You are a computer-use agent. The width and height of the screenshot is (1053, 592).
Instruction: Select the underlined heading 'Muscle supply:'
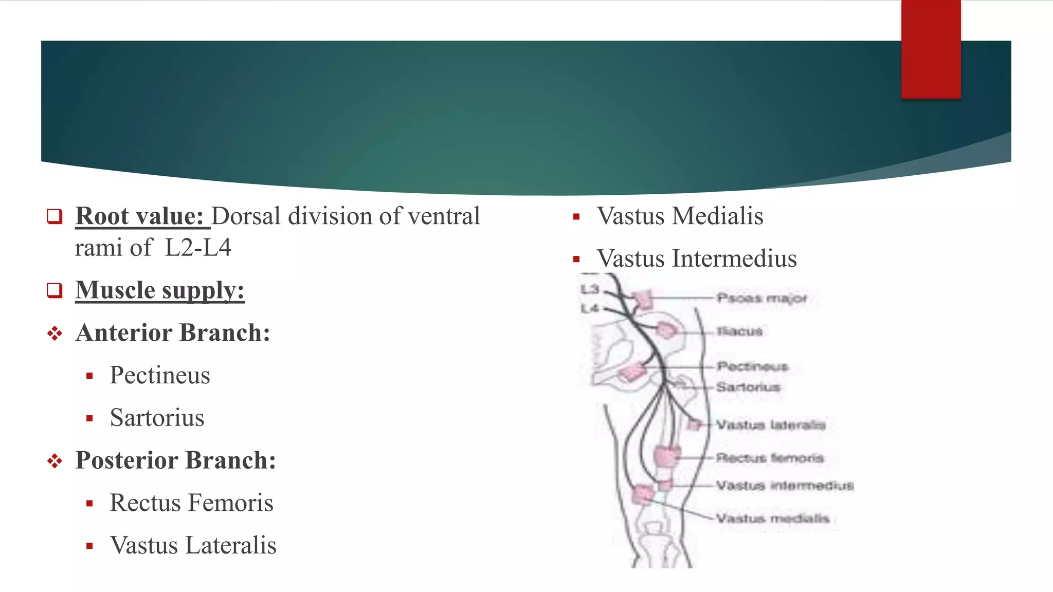pyautogui.click(x=159, y=290)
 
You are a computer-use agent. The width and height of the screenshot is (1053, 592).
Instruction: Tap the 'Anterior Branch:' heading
pyautogui.click(x=173, y=332)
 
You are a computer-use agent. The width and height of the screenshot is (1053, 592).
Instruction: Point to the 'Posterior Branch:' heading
pyautogui.click(x=175, y=460)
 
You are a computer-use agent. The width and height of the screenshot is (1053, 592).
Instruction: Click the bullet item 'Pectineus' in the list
pyautogui.click(x=159, y=375)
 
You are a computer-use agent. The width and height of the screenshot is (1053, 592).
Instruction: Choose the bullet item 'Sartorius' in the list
pyautogui.click(x=157, y=417)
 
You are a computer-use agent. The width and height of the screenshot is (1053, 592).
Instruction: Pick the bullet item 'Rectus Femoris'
pyautogui.click(x=191, y=503)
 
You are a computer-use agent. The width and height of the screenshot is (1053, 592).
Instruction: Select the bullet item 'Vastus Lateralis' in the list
pyautogui.click(x=193, y=545)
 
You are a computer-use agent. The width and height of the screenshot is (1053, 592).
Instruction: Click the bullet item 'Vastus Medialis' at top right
pyautogui.click(x=680, y=216)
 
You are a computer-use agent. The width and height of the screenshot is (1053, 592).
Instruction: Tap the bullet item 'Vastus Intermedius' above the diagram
pyautogui.click(x=697, y=258)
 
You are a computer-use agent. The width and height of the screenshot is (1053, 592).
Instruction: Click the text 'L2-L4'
pyautogui.click(x=198, y=248)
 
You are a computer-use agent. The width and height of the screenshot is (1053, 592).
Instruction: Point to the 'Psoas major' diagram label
pyautogui.click(x=761, y=298)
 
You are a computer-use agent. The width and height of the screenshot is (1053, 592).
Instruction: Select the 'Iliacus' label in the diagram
pyautogui.click(x=740, y=331)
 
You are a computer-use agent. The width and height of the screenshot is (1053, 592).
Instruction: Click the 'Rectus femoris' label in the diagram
pyautogui.click(x=770, y=457)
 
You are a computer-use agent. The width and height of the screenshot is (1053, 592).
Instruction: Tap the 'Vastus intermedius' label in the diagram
pyautogui.click(x=785, y=486)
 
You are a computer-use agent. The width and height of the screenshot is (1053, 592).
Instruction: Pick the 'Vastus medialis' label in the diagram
pyautogui.click(x=773, y=519)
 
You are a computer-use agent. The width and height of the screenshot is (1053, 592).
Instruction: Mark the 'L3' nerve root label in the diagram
pyautogui.click(x=590, y=289)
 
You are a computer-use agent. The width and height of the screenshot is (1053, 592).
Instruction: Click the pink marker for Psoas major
pyautogui.click(x=642, y=299)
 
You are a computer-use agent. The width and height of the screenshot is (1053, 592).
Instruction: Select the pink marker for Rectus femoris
pyautogui.click(x=666, y=456)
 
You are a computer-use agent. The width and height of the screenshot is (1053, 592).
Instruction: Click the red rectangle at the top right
pyautogui.click(x=931, y=49)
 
